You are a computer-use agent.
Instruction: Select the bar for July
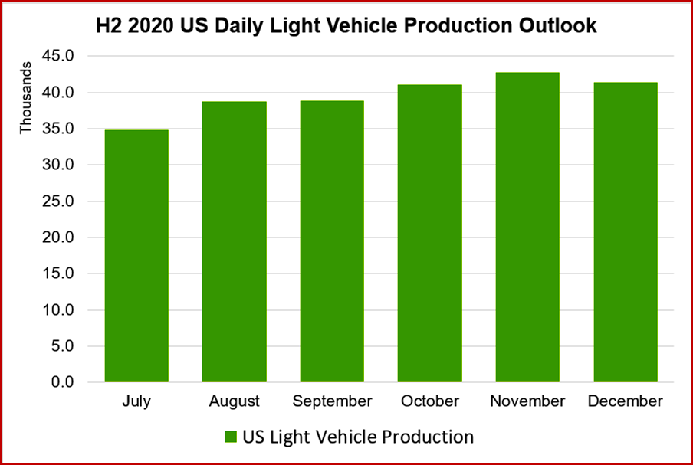(136, 256)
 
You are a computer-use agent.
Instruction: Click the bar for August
(234, 241)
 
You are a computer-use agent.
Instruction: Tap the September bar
(332, 241)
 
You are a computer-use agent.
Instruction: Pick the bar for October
(429, 233)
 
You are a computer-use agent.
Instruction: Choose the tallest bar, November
(527, 227)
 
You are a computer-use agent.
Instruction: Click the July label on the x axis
(136, 401)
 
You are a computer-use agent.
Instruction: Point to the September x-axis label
(332, 401)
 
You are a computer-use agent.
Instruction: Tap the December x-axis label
(626, 401)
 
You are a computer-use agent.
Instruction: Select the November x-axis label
(527, 401)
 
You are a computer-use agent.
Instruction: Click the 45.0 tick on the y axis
(58, 56)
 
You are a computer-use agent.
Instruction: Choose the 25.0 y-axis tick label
(58, 201)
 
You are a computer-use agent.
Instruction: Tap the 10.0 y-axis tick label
(58, 310)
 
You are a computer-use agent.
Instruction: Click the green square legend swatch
(230, 437)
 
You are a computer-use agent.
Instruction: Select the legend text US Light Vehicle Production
(358, 437)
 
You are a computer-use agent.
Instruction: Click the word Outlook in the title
(557, 27)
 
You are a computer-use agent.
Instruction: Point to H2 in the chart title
(109, 27)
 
